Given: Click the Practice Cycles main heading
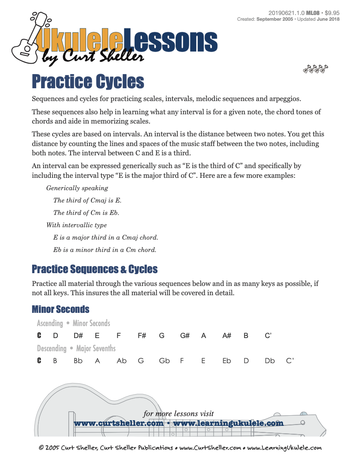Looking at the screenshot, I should [x=88, y=82].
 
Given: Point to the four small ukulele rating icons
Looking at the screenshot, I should [x=315, y=69].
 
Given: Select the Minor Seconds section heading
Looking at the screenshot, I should [x=60, y=309].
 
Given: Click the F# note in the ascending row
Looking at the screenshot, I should [x=142, y=336].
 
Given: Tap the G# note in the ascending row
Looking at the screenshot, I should [x=185, y=336].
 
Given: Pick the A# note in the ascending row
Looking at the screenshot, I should [x=227, y=336].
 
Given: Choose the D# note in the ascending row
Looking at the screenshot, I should [x=79, y=336].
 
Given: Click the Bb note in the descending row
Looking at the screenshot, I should [x=78, y=361].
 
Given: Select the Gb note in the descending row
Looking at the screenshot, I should [x=164, y=361].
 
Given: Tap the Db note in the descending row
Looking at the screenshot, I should [x=270, y=361].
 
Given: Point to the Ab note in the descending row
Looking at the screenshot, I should [x=121, y=361].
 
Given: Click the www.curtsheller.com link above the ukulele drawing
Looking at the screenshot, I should [x=118, y=424].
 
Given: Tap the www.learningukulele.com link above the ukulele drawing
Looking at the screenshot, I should [x=228, y=424].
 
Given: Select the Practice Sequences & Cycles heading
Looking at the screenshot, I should [x=94, y=269].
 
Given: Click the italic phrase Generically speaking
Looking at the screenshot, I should [x=77, y=188].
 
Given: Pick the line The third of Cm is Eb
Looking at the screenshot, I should [x=86, y=213].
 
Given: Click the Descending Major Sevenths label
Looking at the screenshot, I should [x=76, y=349].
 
